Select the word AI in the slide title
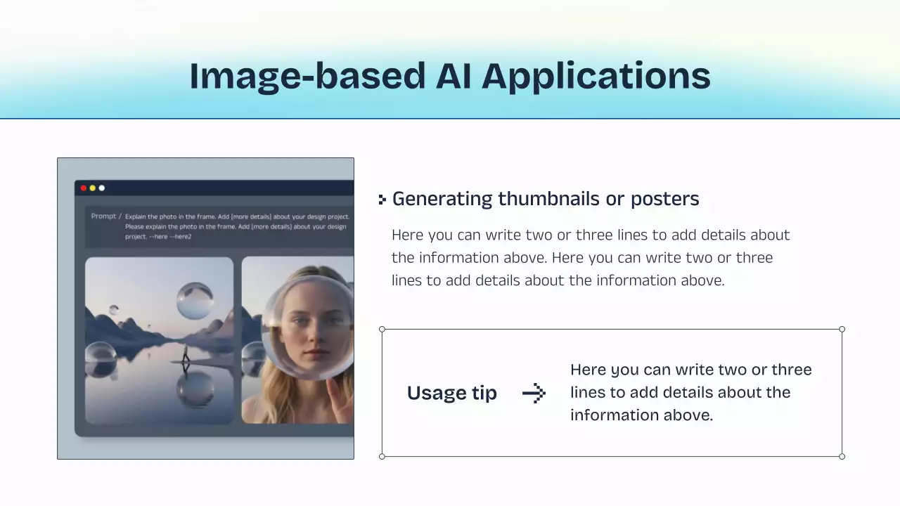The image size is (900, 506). (454, 76)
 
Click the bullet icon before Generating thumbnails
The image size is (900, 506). (382, 200)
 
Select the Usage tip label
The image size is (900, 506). (451, 393)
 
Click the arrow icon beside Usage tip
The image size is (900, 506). (534, 393)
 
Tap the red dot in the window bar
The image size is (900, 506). (84, 188)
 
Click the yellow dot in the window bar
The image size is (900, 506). (93, 188)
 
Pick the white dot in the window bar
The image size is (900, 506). (102, 188)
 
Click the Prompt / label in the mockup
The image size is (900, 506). (105, 216)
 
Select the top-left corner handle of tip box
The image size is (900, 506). (382, 329)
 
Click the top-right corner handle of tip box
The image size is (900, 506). (842, 329)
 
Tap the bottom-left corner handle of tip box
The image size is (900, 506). (382, 456)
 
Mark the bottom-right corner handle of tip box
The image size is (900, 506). (842, 456)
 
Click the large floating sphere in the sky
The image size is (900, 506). (195, 301)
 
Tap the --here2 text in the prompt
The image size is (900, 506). (181, 237)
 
